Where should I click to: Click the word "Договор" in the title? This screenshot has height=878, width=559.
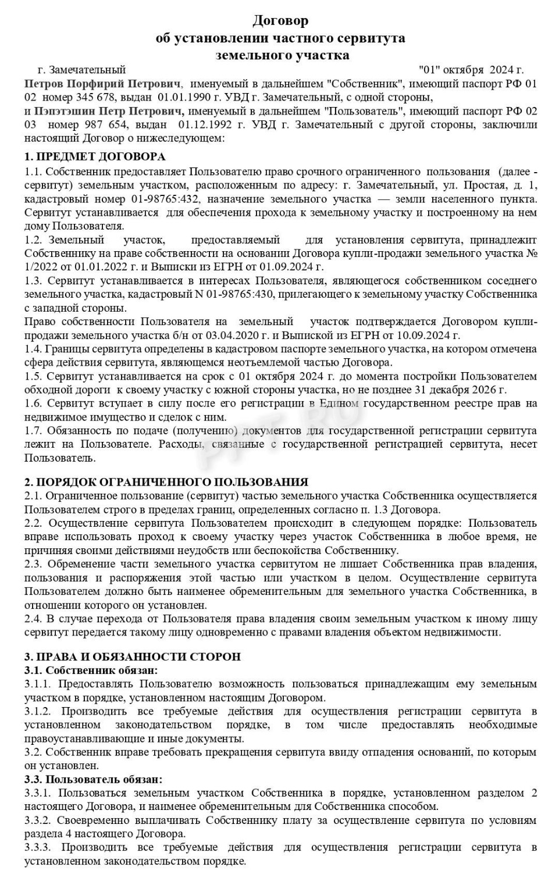280,21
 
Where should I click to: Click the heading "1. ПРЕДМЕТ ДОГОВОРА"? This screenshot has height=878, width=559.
95,156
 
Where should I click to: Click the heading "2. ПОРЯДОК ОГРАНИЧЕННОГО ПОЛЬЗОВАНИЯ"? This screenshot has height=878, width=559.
166,482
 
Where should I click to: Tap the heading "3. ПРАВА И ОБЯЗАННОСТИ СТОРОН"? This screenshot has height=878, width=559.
132,656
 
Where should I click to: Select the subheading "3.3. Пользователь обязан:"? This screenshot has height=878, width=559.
93,779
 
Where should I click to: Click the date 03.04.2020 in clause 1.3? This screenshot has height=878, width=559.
232,336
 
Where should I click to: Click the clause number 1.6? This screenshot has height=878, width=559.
34,403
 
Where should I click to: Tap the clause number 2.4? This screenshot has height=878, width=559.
34,618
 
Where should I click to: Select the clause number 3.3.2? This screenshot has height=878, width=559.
38,820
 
